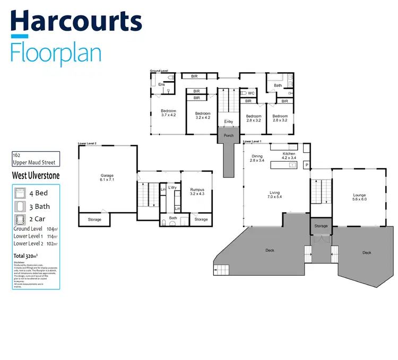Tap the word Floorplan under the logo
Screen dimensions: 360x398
56,54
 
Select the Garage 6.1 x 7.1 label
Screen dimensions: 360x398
108,178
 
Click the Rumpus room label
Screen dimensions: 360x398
196,191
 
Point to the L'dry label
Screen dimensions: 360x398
172,188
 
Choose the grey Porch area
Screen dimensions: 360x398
228,136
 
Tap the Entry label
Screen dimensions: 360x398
228,122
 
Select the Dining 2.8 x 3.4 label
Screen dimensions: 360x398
257,159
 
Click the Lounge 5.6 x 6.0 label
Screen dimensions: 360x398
359,198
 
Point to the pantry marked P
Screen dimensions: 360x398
306,165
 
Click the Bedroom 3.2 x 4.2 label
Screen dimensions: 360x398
203,116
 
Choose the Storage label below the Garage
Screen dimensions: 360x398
94,219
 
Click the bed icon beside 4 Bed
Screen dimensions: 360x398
20,194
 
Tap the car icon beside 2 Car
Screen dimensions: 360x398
20,219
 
